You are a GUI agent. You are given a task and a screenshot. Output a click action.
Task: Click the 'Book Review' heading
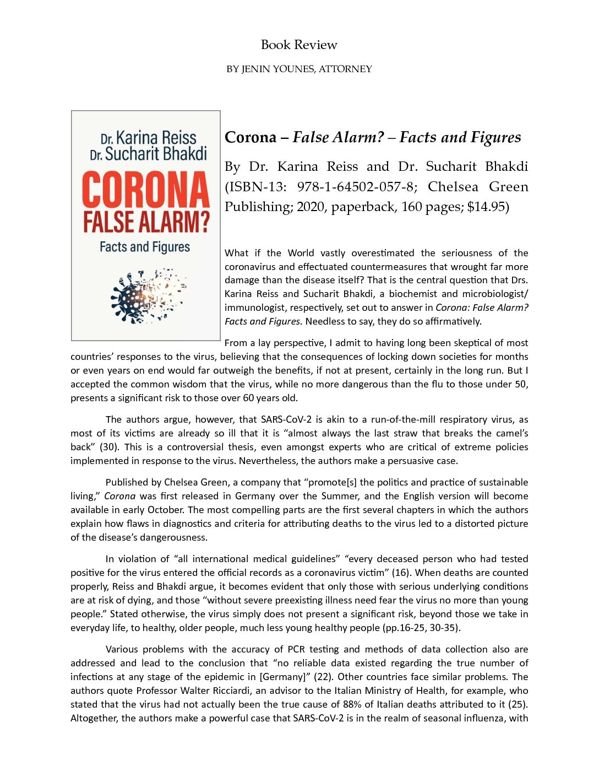point(299,45)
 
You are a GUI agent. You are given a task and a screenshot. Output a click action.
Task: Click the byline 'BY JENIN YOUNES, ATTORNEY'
point(299,69)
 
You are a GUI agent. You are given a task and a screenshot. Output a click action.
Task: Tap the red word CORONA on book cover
point(146,190)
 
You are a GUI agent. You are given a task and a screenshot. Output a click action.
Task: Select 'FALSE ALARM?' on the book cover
point(146,221)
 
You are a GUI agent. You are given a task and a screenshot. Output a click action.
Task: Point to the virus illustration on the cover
point(148,296)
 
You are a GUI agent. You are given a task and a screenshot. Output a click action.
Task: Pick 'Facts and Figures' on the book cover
point(145,246)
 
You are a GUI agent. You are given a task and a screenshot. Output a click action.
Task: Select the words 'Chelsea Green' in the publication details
point(477,187)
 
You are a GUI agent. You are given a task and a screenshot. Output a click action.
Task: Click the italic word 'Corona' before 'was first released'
point(120,496)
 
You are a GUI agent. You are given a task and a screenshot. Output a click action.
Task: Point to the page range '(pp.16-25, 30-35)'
point(421,628)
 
